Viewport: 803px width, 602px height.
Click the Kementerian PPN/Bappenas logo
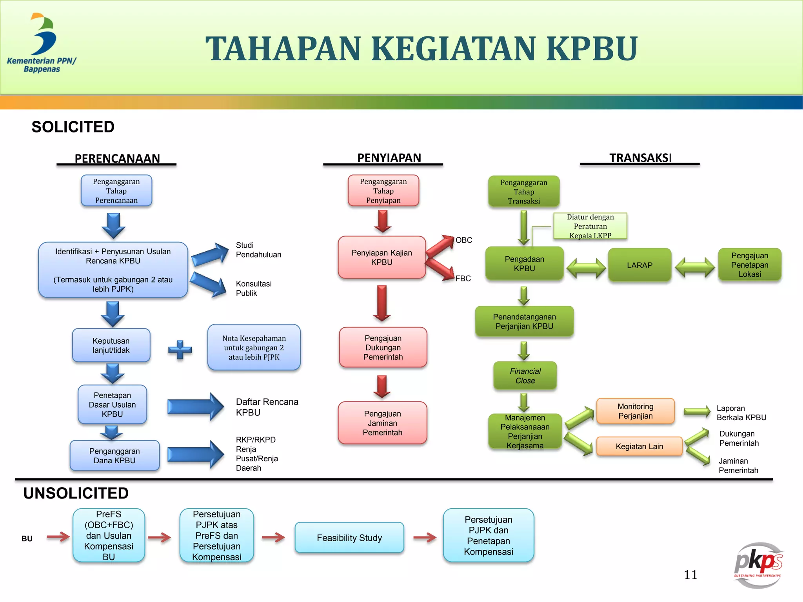tap(42, 43)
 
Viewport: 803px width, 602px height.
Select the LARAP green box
tap(639, 265)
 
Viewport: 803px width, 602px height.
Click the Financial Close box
tap(525, 376)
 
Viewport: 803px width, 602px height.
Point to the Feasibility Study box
tap(349, 538)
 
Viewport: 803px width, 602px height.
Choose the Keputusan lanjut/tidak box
tap(111, 346)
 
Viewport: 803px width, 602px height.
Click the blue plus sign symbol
tap(180, 350)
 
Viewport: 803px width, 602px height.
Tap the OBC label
tap(464, 240)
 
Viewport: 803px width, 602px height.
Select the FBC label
tap(463, 279)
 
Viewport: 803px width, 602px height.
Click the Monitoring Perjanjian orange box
tap(635, 411)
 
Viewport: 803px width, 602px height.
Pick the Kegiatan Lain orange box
tap(639, 446)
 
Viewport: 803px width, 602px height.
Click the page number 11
tap(690, 575)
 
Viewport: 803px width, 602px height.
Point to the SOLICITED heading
tap(73, 127)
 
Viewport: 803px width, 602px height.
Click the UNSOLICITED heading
tap(76, 493)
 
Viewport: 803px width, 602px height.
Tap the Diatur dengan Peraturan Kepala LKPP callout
tap(590, 226)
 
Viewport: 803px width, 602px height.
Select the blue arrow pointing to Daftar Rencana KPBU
tap(195, 407)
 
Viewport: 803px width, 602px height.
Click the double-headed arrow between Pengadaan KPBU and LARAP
tap(586, 268)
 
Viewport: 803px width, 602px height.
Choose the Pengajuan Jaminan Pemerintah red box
tap(382, 423)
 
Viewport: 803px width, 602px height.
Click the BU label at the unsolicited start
tap(27, 539)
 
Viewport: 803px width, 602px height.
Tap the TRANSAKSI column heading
tap(640, 158)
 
